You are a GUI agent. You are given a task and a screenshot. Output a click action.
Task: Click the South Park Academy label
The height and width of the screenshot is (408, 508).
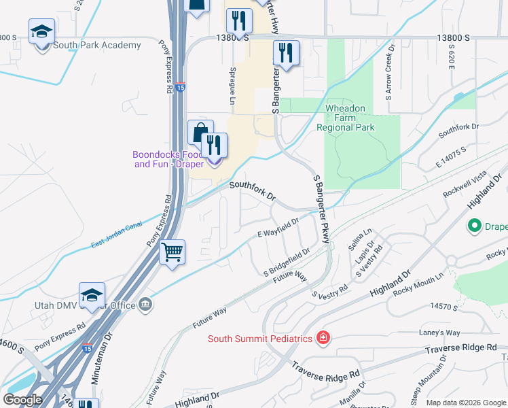click(99, 46)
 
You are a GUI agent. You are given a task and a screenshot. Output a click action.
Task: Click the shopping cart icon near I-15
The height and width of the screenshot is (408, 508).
click(173, 252)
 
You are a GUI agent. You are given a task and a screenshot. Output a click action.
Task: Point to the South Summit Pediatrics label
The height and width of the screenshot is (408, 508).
click(260, 339)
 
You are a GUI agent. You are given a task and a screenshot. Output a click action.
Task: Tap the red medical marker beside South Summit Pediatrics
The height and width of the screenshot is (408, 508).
click(323, 338)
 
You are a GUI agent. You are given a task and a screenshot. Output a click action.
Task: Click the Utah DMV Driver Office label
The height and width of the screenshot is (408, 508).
click(86, 305)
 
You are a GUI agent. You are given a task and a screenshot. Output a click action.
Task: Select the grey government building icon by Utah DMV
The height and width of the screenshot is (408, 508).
click(145, 305)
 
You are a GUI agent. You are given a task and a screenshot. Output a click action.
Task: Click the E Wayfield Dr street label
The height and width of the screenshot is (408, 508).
click(278, 228)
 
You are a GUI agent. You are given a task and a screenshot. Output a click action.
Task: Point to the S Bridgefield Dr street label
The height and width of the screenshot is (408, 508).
click(287, 262)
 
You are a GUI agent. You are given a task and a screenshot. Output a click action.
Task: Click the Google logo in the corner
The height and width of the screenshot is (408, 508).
click(22, 400)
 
